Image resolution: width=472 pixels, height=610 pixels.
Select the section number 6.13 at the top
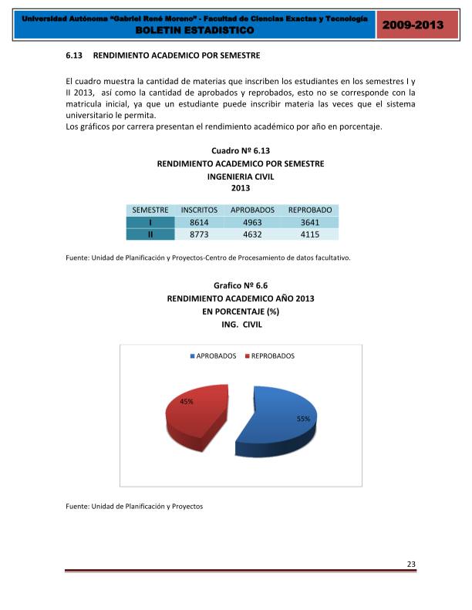[x=75, y=56]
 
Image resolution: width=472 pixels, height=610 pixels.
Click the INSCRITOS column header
[x=199, y=210]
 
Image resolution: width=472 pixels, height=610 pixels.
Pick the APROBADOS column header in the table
[x=252, y=210]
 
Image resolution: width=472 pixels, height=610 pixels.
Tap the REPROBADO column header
[x=309, y=210]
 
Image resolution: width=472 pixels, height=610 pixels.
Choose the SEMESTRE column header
[x=150, y=210]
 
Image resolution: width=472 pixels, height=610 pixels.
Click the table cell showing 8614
[x=199, y=222]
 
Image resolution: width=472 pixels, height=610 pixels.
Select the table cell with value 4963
[x=252, y=222]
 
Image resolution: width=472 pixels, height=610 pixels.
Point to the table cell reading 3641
[x=309, y=222]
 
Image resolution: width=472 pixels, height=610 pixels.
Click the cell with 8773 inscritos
[x=199, y=235]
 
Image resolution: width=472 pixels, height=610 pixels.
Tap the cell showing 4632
[x=252, y=235]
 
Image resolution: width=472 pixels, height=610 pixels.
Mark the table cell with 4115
[x=309, y=235]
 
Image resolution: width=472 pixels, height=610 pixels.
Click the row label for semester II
[x=150, y=235]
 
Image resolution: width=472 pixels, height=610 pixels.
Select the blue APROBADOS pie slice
[x=278, y=420]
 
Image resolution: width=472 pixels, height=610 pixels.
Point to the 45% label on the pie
[x=187, y=402]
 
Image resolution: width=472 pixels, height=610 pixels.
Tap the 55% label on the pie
[x=303, y=419]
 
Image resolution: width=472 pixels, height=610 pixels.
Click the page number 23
[x=411, y=565]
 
